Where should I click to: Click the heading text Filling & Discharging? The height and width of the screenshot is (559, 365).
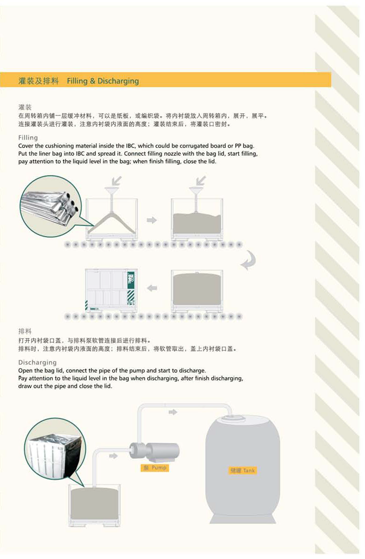click(102, 81)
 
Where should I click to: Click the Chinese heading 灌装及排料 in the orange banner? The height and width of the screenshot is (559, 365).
click(38, 81)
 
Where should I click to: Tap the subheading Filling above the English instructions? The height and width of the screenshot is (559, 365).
click(28, 138)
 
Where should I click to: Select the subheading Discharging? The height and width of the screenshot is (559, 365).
click(37, 362)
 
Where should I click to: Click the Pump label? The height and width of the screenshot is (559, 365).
click(155, 468)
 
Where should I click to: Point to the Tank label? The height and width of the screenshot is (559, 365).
click(243, 471)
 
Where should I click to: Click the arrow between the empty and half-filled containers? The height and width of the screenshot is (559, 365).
click(152, 220)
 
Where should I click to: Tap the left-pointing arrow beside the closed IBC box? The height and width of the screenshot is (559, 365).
click(152, 288)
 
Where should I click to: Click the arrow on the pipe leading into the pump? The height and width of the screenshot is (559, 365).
click(113, 456)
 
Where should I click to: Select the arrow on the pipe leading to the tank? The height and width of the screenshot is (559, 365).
click(173, 412)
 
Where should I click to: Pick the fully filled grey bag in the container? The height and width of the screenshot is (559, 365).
click(197, 289)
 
